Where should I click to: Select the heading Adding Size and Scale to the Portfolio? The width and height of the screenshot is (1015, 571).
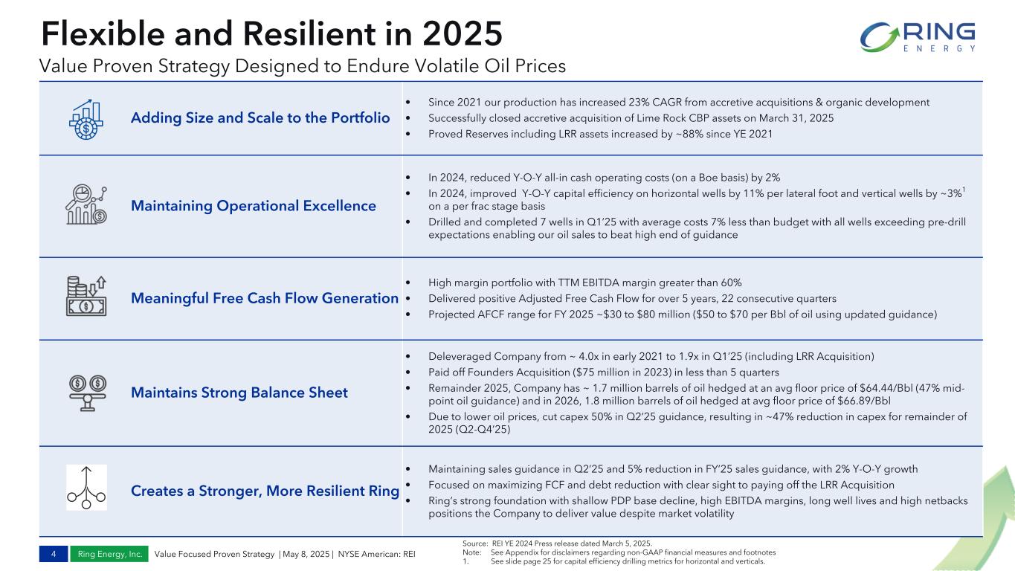260,118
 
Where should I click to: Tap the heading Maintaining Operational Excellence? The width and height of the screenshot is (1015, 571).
254,205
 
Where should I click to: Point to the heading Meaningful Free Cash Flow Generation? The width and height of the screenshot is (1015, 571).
265,298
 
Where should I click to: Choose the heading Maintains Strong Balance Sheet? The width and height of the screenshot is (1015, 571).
239,393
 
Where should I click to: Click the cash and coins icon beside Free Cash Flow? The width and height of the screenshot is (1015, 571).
86,296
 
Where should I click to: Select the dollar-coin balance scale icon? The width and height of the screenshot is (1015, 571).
86,391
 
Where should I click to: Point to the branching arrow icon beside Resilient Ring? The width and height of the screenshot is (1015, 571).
86,488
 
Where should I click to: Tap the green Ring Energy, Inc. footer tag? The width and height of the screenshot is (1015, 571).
109,554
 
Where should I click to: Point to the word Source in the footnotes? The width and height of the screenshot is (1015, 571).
474,543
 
